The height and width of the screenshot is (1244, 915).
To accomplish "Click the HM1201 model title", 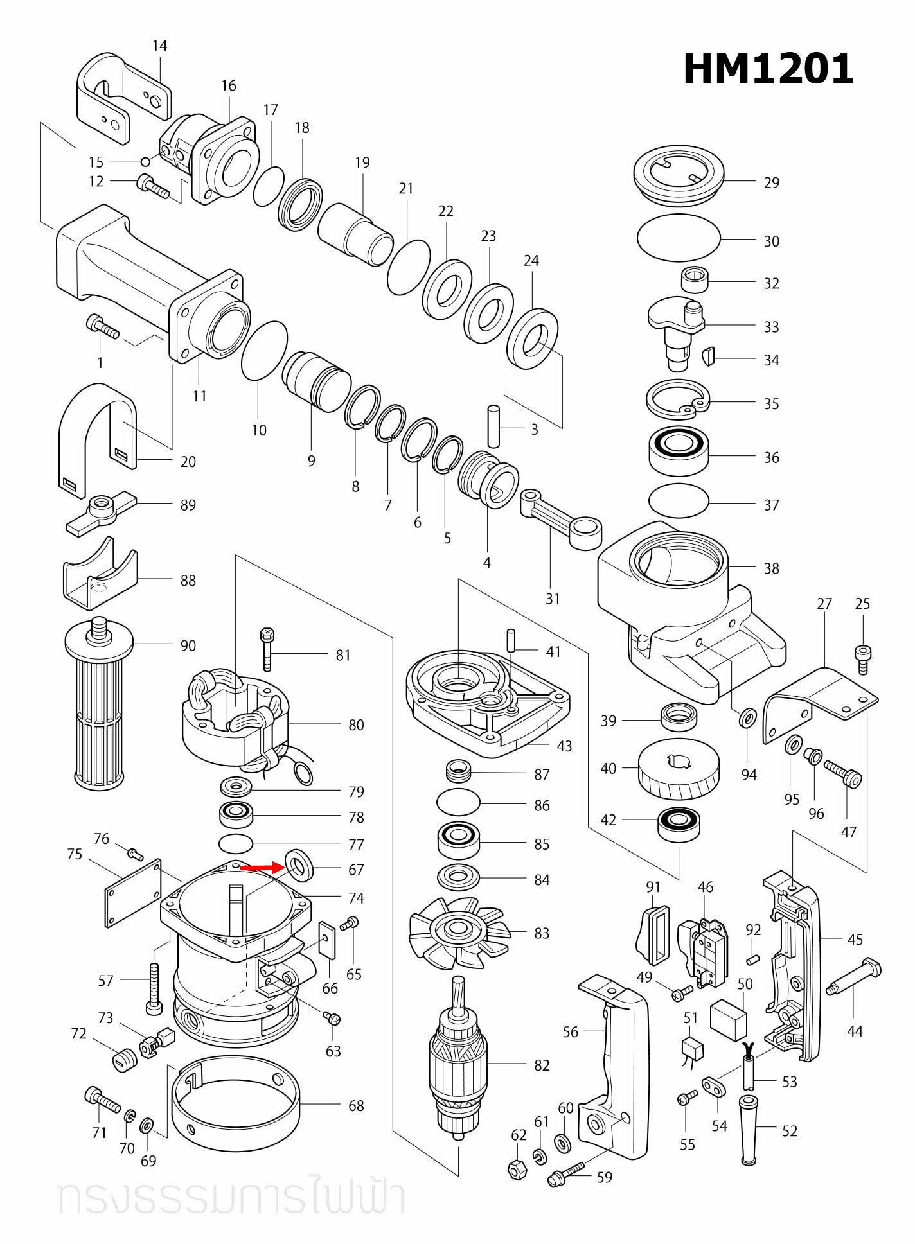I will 768,69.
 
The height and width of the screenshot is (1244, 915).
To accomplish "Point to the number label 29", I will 771,182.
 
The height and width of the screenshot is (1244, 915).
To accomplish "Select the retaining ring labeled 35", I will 677,401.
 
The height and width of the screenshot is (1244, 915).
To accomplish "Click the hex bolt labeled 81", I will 267,649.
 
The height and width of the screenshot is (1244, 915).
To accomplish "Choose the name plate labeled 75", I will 133,893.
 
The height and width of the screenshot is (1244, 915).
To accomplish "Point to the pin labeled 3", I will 493,426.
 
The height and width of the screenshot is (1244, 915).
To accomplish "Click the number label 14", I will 159,46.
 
